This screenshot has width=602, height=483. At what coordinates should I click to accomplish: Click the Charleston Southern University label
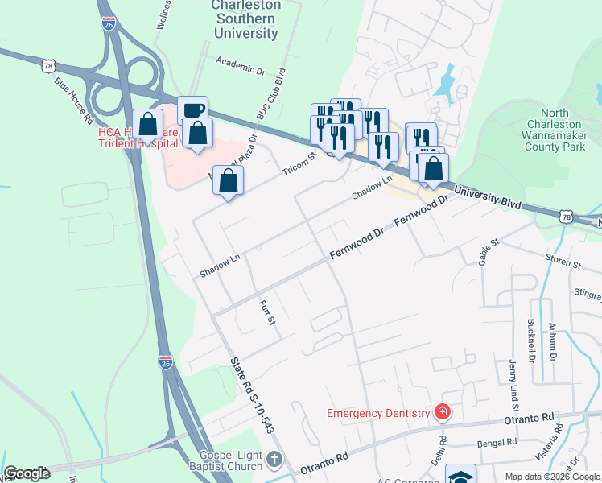point(245,19)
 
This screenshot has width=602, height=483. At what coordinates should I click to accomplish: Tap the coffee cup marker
point(192,111)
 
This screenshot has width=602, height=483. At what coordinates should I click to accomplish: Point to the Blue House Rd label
point(73,100)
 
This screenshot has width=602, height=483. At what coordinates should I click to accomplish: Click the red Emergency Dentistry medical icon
point(441,413)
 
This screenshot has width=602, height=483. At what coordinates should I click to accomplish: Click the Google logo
point(27,473)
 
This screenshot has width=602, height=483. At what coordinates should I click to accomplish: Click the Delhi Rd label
point(443,446)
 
